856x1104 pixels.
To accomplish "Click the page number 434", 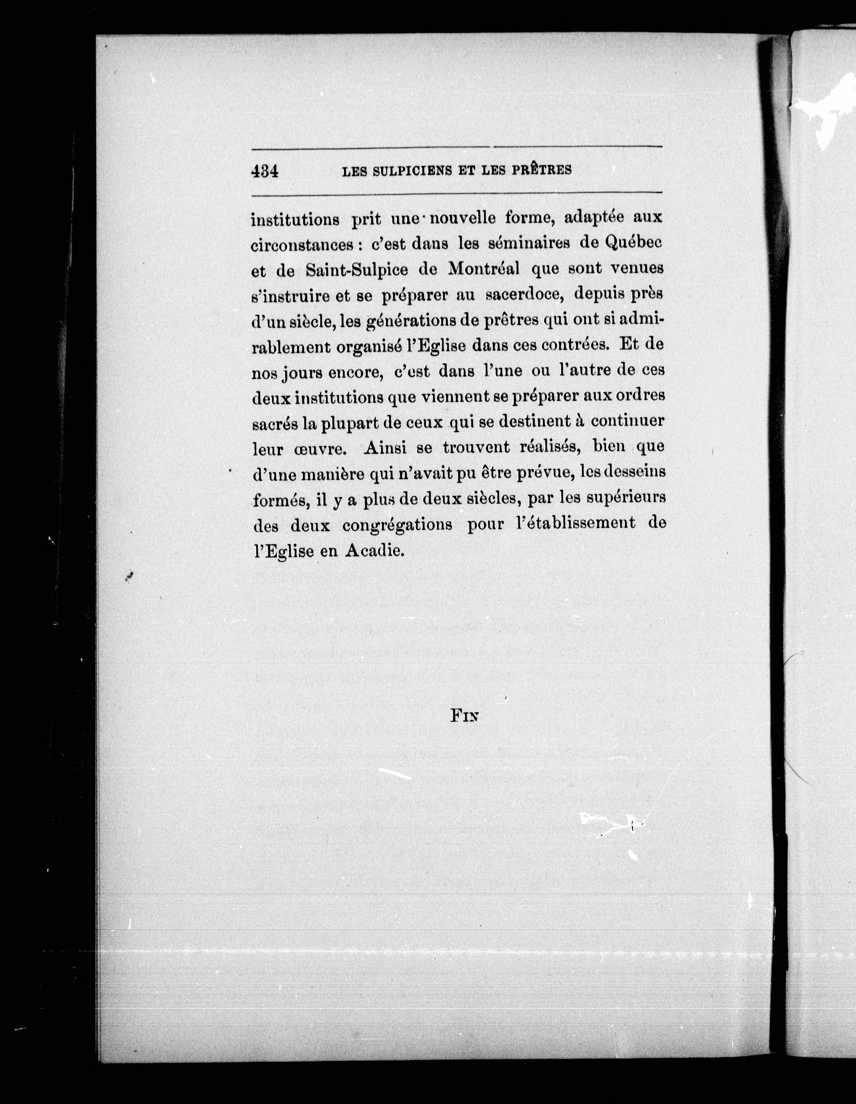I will click(x=265, y=171).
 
